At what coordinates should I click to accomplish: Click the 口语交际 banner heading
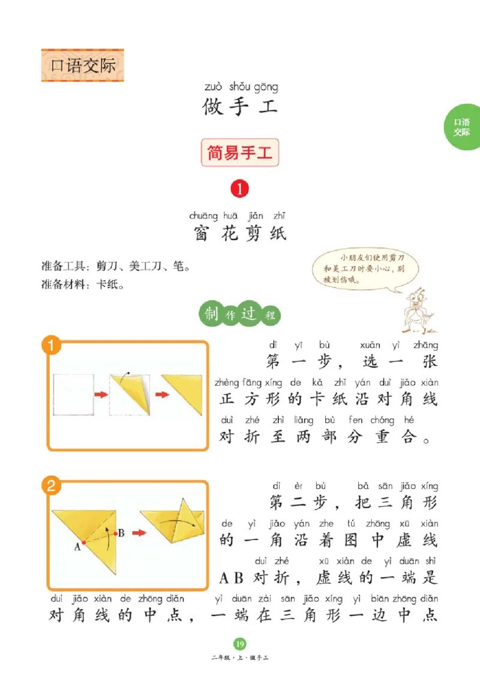82,65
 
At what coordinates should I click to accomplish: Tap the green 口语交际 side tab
461,127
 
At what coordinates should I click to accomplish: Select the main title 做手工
239,107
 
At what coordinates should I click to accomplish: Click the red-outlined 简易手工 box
239,153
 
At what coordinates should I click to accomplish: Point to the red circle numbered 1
239,190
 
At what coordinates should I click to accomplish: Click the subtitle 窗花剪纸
239,233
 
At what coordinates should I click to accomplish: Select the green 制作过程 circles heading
239,314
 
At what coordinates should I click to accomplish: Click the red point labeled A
83,542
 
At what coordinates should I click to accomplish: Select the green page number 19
239,644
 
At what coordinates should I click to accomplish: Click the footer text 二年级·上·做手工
239,658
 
